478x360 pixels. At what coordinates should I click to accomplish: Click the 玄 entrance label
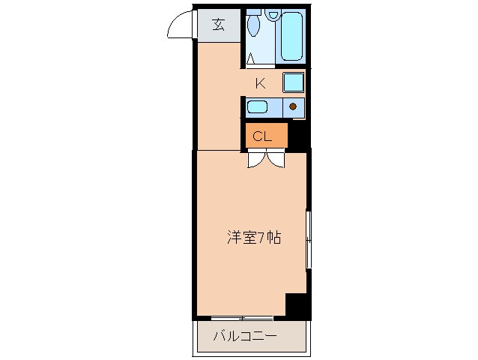218,24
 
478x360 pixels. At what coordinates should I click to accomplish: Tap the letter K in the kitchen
260,83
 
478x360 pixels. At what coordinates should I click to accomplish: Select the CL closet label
261,136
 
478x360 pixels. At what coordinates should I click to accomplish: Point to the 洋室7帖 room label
254,238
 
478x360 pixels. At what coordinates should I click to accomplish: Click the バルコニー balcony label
244,335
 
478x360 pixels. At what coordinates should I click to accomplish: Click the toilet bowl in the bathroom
253,29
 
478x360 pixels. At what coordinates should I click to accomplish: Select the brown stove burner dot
293,106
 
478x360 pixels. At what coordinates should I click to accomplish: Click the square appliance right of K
293,82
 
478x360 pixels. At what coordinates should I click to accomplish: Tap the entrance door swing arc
178,25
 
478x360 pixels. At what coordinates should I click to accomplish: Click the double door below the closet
266,158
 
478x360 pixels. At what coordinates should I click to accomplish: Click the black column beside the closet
299,134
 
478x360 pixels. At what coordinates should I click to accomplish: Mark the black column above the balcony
297,304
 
